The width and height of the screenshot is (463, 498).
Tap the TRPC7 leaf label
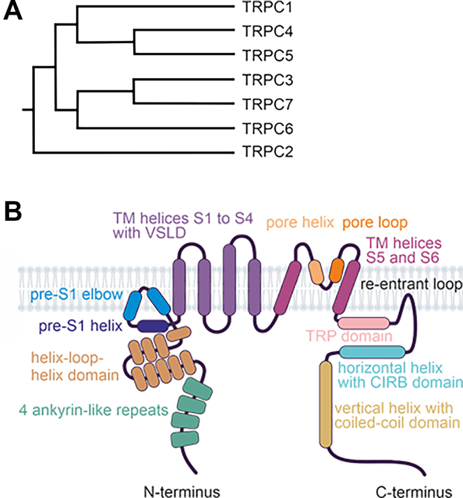[266, 104]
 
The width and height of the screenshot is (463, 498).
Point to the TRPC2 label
[266, 150]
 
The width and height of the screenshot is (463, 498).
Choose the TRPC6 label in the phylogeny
[266, 128]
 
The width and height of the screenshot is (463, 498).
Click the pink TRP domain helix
[363, 322]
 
